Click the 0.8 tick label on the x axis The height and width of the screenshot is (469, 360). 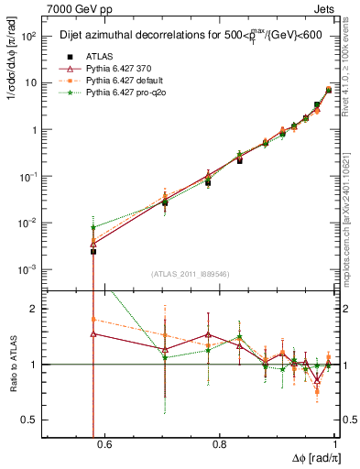tap(220, 446)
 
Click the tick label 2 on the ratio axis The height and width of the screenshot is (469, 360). tap(39, 309)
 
